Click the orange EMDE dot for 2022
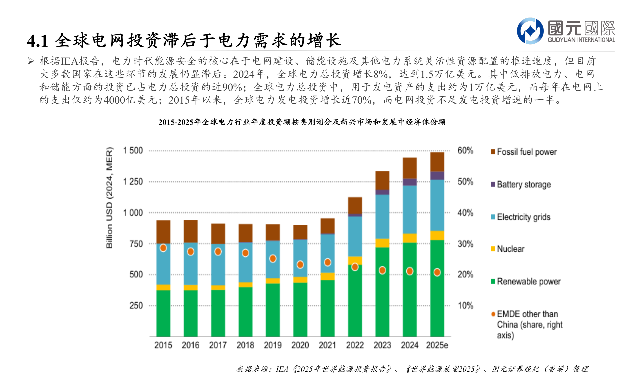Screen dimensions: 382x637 point(355,267)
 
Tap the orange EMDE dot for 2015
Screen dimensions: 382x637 point(163,248)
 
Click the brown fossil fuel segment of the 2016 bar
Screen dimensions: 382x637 point(191,231)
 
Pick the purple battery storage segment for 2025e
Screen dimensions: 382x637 point(437,175)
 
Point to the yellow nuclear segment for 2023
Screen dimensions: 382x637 point(382,243)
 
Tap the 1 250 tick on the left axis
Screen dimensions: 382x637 point(133,182)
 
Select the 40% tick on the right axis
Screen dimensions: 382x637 point(465,213)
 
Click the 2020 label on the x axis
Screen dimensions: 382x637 point(300,345)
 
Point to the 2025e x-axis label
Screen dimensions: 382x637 point(437,345)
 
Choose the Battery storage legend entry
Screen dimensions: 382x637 point(523,184)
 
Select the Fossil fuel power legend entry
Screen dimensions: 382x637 point(526,152)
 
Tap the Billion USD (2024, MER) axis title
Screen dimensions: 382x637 point(109,198)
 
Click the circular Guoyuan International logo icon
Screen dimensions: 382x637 point(530,31)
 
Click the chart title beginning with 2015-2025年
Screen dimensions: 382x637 point(302,122)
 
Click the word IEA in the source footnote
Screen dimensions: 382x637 point(282,369)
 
